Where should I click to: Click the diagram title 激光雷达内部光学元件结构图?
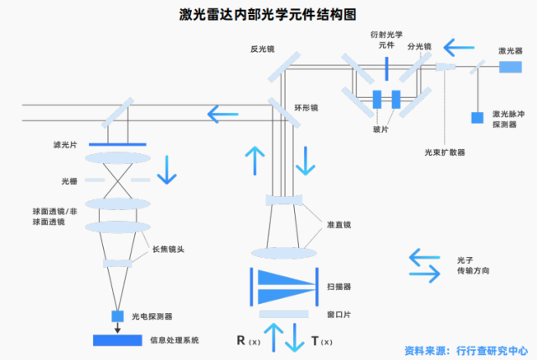pyautogui.click(x=268, y=13)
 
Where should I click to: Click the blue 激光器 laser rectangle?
pyautogui.click(x=510, y=66)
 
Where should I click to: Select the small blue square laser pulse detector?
pyautogui.click(x=477, y=118)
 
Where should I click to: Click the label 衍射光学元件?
pyautogui.click(x=385, y=41)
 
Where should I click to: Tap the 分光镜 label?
pyautogui.click(x=419, y=47)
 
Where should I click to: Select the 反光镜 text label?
pyautogui.click(x=262, y=48)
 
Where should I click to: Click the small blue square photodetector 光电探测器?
pyautogui.click(x=117, y=316)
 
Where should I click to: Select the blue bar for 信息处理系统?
pyautogui.click(x=117, y=340)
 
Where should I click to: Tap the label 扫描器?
pyautogui.click(x=338, y=286)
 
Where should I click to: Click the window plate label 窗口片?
pyautogui.click(x=338, y=314)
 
